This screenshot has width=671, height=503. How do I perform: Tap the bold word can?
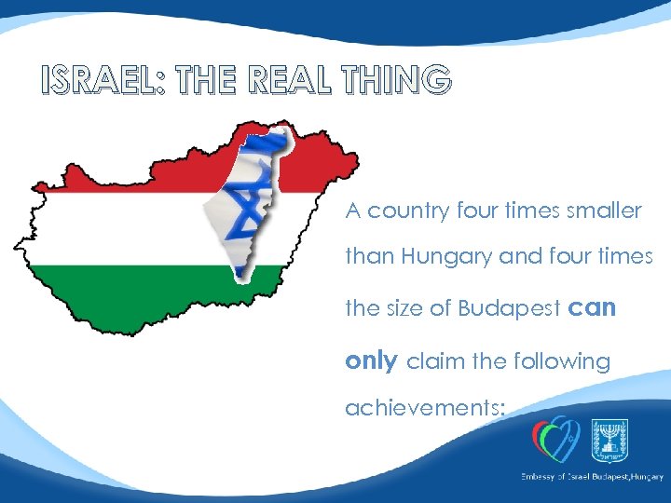(591, 308)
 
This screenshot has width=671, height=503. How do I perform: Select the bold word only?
(371, 361)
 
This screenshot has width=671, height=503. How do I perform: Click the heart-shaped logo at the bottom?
(555, 438)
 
